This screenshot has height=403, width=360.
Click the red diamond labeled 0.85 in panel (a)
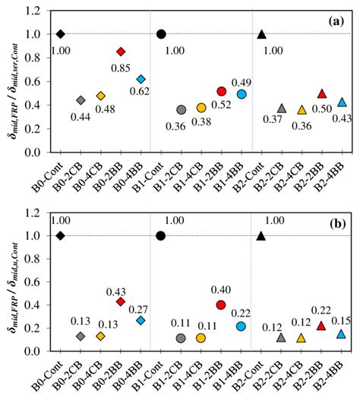[121, 52]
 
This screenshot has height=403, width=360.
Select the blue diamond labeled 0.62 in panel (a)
[141, 79]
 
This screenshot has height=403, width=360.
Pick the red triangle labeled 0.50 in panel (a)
[321, 93]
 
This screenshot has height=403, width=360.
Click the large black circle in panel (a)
[161, 34]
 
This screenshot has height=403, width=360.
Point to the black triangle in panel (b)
[261, 235]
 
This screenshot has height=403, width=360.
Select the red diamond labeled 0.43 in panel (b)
[121, 301]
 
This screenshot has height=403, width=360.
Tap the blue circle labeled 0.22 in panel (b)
[241, 326]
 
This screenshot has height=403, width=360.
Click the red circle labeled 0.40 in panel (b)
[221, 305]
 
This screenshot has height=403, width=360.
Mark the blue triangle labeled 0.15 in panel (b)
[341, 334]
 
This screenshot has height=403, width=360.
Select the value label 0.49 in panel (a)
[242, 82]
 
